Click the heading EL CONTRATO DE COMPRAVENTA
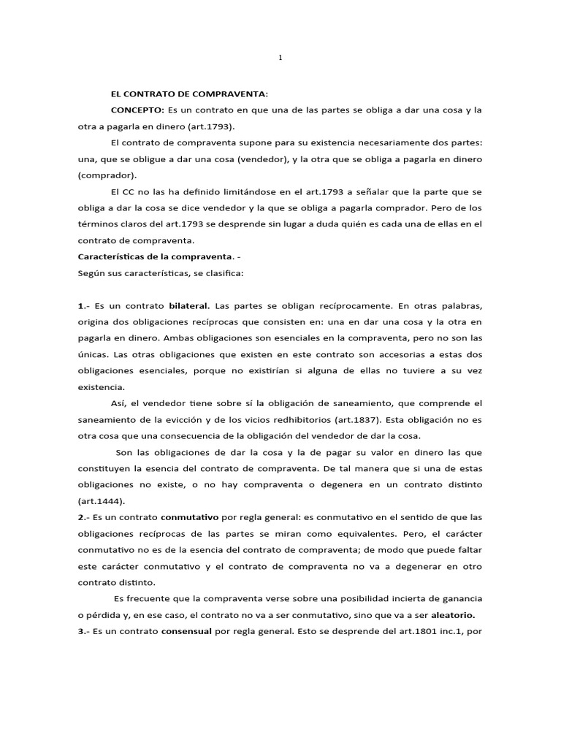coord(188,93)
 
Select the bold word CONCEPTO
coord(137,110)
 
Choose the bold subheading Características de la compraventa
coord(153,256)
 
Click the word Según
coord(91,272)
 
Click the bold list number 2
coord(80,517)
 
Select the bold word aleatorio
coord(457,615)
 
